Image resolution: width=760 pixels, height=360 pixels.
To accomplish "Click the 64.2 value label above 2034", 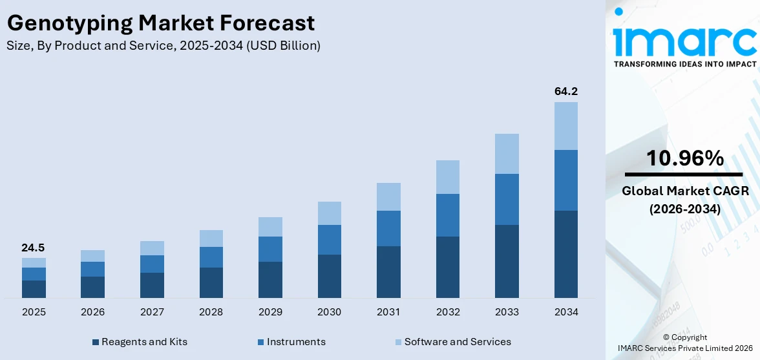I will point(565,91).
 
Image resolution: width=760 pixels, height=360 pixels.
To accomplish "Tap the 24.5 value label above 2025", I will point(33,248).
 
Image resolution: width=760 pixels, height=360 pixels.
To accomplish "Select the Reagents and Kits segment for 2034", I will point(565,254).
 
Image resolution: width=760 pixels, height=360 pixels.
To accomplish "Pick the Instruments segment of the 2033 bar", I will point(507,199).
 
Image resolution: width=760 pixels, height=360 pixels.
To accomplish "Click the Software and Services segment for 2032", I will point(447,177).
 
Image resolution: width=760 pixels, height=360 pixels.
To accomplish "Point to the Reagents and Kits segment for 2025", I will point(34,289).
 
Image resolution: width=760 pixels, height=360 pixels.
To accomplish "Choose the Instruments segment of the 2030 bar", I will point(329,240).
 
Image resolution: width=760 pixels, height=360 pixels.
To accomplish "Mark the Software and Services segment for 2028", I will point(211,238).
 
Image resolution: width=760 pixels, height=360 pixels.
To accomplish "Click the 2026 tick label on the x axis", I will point(92,312).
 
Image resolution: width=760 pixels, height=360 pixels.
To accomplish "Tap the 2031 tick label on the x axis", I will point(388,312).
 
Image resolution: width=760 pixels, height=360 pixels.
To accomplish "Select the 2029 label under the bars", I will point(270,312).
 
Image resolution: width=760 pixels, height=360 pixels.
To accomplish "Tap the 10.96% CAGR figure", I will point(686,158).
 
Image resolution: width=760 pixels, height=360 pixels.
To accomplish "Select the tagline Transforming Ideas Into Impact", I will point(684,64).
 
